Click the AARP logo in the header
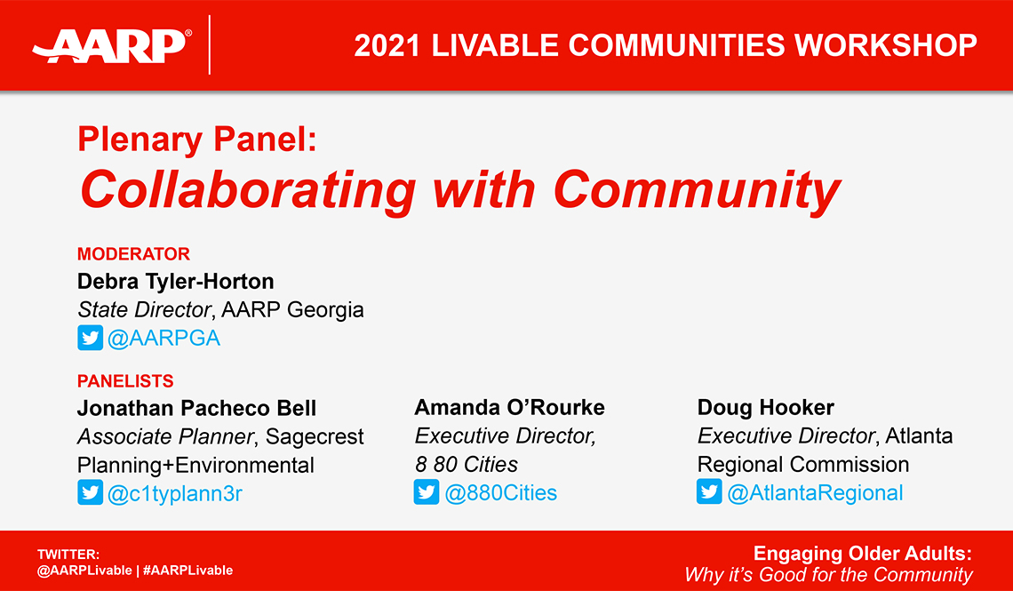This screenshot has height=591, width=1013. tap(112, 45)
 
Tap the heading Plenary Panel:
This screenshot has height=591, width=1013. tap(196, 140)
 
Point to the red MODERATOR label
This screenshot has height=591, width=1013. tap(133, 254)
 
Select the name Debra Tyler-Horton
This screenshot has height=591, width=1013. tap(176, 282)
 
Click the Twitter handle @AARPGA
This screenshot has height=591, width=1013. tap(164, 338)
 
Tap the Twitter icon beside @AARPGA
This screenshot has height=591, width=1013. tap(90, 338)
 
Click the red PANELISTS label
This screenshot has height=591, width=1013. tap(125, 381)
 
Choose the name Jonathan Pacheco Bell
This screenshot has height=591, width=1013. tap(196, 408)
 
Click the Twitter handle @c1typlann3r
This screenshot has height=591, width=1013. tap(174, 493)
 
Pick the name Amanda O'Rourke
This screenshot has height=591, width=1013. tap(509, 408)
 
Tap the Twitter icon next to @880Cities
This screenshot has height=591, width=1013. tap(427, 492)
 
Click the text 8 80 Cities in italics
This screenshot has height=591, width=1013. tap(467, 464)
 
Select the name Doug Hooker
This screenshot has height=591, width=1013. tap(765, 408)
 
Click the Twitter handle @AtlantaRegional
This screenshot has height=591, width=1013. tap(815, 492)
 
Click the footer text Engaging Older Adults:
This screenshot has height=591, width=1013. tap(862, 552)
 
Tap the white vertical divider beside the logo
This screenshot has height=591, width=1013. tap(210, 44)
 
